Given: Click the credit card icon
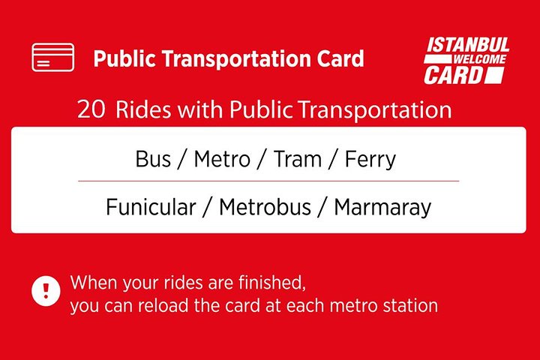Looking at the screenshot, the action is [52, 57].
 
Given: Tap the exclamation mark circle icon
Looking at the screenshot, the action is [46, 291].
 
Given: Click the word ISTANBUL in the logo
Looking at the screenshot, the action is [468, 45].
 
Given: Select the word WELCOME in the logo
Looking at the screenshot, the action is [480, 59].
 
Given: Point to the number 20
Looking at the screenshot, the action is [91, 109].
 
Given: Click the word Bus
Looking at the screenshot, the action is [153, 159].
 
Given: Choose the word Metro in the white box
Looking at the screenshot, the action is [222, 159].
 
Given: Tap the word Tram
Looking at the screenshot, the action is [298, 159].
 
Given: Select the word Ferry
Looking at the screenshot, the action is [370, 160].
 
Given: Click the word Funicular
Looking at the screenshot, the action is [151, 207].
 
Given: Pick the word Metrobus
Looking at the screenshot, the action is [265, 207].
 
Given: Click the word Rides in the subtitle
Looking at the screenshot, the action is [143, 109].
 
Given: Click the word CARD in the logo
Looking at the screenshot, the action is [454, 75].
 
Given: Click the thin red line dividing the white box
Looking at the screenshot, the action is [268, 181].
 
